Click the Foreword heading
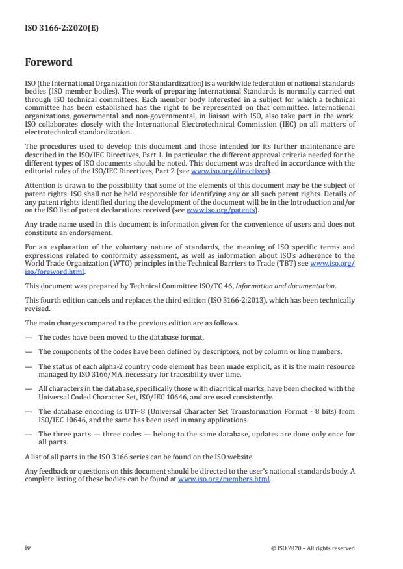[x=49, y=63]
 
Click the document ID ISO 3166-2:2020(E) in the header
[x=53, y=28]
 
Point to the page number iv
[x=28, y=548]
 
